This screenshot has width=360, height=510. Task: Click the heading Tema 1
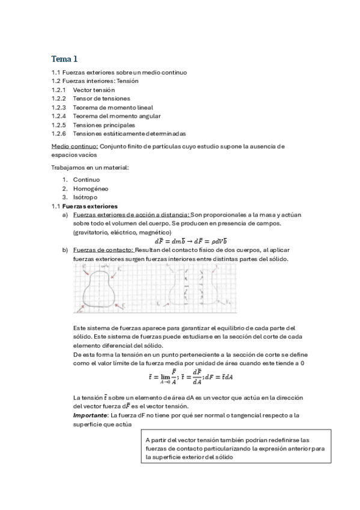point(64,58)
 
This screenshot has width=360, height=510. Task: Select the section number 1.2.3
point(58,107)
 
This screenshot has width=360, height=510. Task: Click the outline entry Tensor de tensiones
point(101,98)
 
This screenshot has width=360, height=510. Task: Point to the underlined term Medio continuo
point(75,146)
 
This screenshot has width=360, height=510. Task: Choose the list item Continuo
point(86,179)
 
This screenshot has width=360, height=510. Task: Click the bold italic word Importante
point(90,415)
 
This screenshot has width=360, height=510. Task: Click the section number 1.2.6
point(58,133)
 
